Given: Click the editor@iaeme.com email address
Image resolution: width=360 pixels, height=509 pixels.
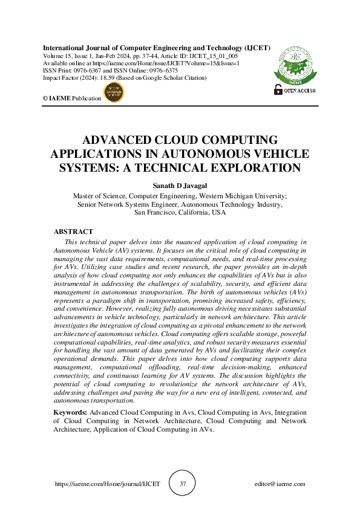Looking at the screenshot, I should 280,484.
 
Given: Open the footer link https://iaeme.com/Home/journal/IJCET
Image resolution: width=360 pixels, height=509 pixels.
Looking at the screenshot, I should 108,484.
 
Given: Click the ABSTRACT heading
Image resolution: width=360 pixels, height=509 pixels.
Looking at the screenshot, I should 73,232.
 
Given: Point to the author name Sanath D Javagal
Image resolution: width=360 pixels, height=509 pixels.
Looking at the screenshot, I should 180,186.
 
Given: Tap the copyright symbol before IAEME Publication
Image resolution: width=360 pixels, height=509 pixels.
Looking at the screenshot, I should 45,97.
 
